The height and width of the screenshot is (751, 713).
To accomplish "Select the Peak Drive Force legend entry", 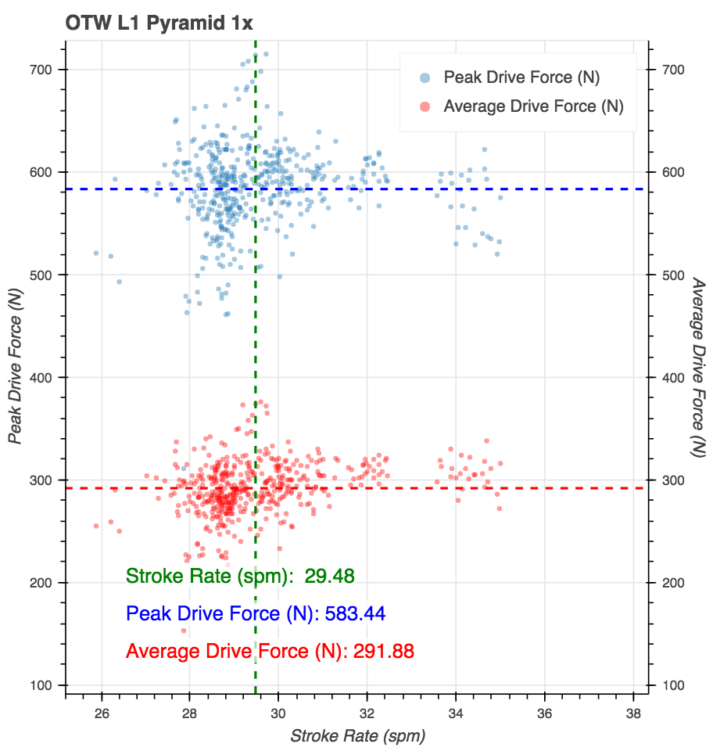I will (521, 77).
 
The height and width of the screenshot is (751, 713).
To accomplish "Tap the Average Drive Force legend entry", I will (533, 106).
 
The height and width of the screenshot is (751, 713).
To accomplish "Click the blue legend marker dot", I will (425, 77).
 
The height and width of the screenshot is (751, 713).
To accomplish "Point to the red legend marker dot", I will (425, 106).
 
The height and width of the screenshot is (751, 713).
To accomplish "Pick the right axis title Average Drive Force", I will (698, 367).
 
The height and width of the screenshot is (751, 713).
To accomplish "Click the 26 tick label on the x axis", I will (102, 713).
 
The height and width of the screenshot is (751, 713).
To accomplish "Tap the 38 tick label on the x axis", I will (633, 713).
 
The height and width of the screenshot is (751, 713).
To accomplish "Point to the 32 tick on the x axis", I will (367, 713).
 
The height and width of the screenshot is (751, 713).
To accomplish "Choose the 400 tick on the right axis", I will (673, 378).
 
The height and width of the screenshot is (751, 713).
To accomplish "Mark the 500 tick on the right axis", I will (673, 275).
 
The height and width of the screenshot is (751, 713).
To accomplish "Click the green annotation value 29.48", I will (329, 577).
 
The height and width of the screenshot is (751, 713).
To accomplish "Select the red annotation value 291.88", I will (383, 651).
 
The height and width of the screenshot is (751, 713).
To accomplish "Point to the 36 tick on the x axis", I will (545, 713).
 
